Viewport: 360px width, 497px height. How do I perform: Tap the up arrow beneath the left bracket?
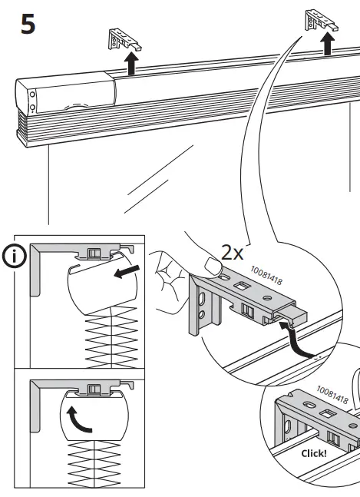(131, 65)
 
